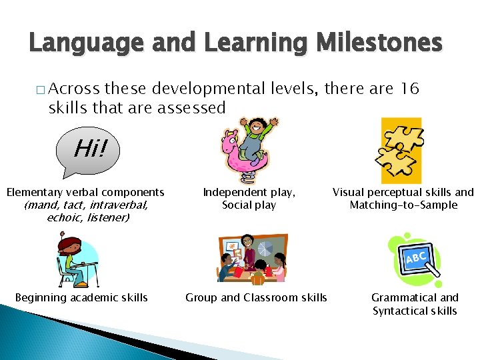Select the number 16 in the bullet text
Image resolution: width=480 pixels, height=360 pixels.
[406, 89]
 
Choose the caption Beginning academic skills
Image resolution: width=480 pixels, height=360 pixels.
[81, 297]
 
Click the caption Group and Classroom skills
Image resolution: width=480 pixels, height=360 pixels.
[256, 297]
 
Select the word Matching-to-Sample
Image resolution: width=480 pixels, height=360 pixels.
[403, 205]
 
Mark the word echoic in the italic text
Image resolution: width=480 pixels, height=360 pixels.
[63, 217]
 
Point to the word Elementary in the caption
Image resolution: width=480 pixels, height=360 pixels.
[32, 192]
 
